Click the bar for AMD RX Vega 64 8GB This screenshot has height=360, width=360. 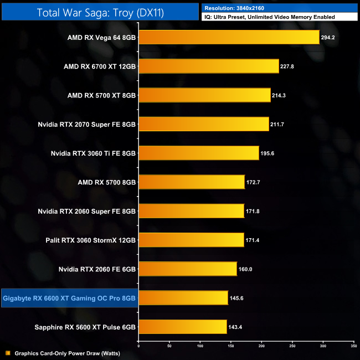pyautogui.click(x=229, y=37)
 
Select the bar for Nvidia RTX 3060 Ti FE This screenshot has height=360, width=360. pyautogui.click(x=198, y=153)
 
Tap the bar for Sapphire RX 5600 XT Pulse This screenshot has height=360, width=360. pyautogui.click(x=182, y=327)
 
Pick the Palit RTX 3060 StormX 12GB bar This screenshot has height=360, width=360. pyautogui.click(x=191, y=240)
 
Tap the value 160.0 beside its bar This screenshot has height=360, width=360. pyautogui.click(x=245, y=269)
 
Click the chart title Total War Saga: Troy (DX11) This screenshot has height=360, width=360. pyautogui.click(x=101, y=12)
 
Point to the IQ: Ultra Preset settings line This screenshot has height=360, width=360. pyautogui.click(x=269, y=17)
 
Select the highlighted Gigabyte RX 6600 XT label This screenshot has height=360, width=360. pyautogui.click(x=69, y=298)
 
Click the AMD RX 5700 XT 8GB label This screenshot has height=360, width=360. pyautogui.click(x=101, y=95)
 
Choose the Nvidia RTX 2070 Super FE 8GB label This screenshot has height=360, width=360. pyautogui.click(x=87, y=124)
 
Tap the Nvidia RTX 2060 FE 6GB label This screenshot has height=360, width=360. pyautogui.click(x=97, y=269)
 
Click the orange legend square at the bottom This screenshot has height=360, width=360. pyautogui.click(x=7, y=353)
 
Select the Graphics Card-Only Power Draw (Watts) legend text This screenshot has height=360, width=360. pyautogui.click(x=67, y=353)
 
